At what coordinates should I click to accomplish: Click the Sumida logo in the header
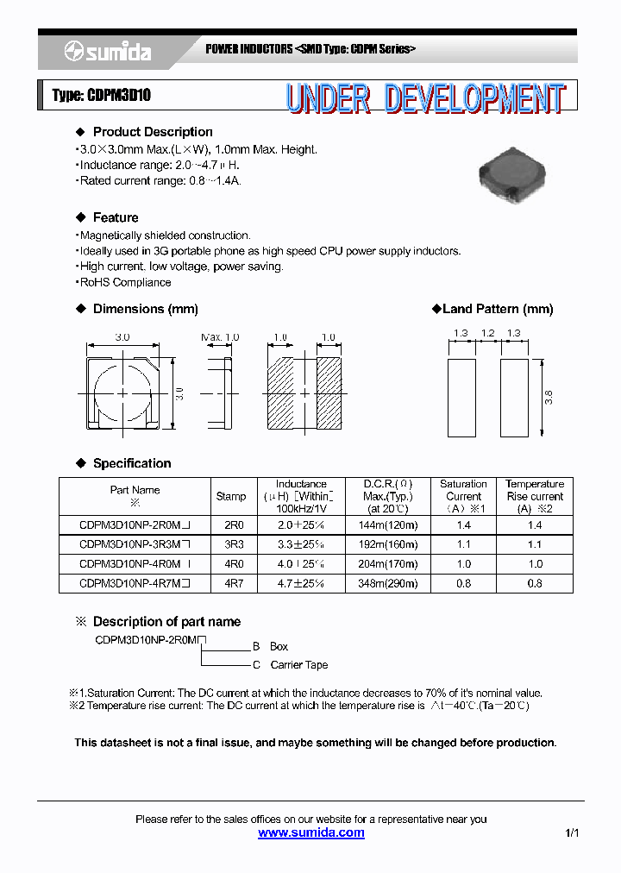[x=108, y=52]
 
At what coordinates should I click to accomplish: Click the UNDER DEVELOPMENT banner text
[x=425, y=98]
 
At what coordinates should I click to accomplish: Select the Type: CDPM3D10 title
[x=102, y=96]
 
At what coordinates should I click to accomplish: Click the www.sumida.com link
[x=311, y=833]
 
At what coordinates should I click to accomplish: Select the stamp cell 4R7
[x=234, y=583]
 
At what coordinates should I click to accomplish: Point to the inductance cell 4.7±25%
[x=301, y=583]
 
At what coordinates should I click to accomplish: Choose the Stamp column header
[x=231, y=496]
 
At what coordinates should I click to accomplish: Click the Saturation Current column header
[x=463, y=496]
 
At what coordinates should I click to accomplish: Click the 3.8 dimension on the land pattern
[x=549, y=398]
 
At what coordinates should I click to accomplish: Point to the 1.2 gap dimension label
[x=488, y=333]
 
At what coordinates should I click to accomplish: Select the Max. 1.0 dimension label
[x=220, y=337]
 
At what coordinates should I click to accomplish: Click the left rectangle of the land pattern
[x=462, y=398]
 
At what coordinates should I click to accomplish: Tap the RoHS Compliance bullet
[x=125, y=282]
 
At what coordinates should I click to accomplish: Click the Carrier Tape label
[x=298, y=665]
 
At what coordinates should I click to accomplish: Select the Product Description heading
[x=153, y=132]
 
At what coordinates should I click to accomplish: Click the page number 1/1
[x=573, y=833]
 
